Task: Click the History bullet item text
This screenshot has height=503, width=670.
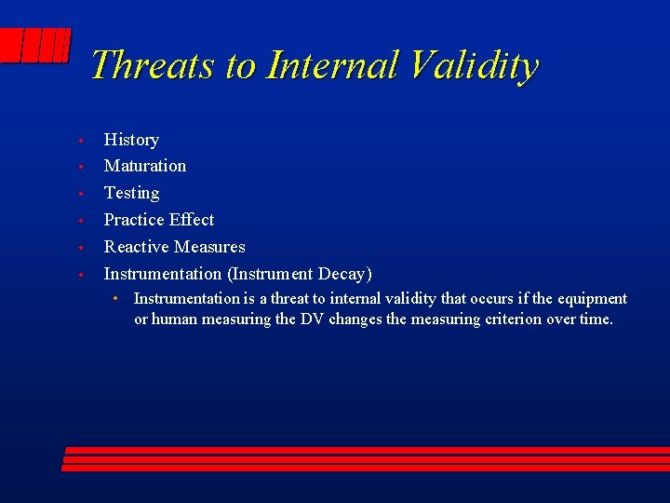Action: pos(131,140)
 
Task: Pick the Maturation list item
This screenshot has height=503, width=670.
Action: pos(144,166)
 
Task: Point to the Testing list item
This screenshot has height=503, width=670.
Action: pos(131,193)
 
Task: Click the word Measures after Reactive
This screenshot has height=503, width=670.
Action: pos(210,247)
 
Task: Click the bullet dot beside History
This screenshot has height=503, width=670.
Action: pos(82,141)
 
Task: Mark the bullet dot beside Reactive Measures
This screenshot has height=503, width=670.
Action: pos(82,248)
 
